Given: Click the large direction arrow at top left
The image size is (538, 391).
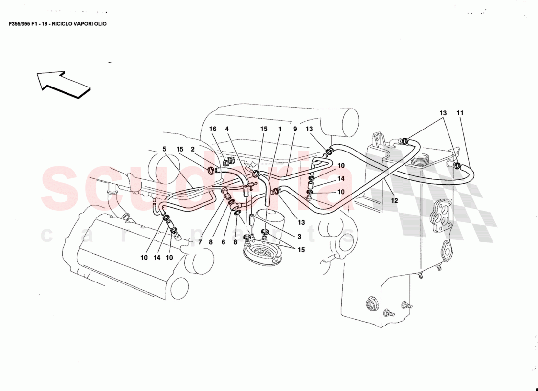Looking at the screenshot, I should coord(63,84).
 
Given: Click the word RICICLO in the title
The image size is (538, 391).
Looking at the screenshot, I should coord(63,23).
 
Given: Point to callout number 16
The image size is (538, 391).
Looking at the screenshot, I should coord(213,129).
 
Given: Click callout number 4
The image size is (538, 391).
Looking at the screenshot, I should coord(227,129).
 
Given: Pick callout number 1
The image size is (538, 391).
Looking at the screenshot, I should coord(280,129).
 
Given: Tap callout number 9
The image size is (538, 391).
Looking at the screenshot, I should coord(295,129).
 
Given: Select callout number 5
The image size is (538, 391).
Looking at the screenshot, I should coord(164,149).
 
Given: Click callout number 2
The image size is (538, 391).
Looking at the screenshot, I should coord(193,149).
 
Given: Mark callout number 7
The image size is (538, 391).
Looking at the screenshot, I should coord(200,242).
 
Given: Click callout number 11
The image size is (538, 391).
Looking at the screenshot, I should coord(460,113).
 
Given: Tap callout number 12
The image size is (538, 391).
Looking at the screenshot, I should coord(394,200).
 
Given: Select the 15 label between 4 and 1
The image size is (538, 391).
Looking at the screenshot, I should coord(264,129).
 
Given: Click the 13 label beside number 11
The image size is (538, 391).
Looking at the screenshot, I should coord(443,113).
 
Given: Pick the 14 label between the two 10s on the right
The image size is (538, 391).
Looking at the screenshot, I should coord(341,179).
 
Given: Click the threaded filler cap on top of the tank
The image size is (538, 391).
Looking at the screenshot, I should coord(420,159).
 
